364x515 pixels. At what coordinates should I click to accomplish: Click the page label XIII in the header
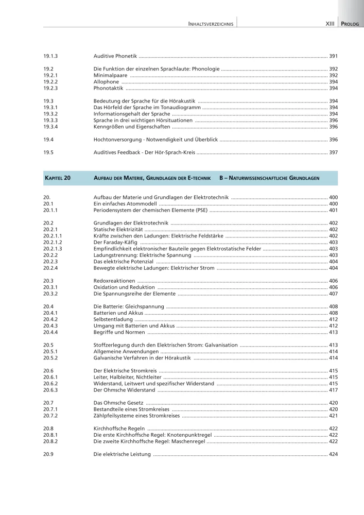pos(330,24)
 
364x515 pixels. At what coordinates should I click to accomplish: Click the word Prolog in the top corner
pos(351,24)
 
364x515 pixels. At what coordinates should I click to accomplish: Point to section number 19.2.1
pos(50,75)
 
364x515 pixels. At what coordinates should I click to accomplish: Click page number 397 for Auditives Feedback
pos(333,152)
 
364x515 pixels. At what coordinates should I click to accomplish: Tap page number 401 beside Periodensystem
pos(333,211)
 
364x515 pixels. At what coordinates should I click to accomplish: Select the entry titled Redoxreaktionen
pos(114,281)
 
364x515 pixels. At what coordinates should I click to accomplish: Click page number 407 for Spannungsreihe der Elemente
pos(333,294)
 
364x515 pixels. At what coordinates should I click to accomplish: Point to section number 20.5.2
pos(50,358)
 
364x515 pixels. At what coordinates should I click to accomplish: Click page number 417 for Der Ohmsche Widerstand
pos(333,390)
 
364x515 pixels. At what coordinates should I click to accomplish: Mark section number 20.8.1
pos(50,435)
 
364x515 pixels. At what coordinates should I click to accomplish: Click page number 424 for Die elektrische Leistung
pos(333,454)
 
